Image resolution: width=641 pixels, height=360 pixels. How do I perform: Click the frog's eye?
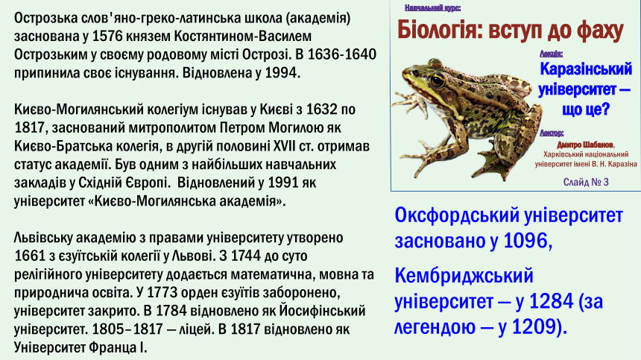click(x=437, y=80)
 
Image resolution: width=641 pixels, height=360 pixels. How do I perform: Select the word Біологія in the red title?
click(x=440, y=31)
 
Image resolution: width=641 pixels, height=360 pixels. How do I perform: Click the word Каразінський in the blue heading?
click(x=586, y=69)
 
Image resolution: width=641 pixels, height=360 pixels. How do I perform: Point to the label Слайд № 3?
click(x=586, y=182)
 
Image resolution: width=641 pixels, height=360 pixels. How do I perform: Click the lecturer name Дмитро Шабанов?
click(x=585, y=145)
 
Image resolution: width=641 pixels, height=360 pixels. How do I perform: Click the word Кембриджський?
click(x=464, y=277)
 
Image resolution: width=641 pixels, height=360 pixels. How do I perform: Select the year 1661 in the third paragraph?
click(x=29, y=256)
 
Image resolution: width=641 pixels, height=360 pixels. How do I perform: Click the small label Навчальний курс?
click(x=432, y=7)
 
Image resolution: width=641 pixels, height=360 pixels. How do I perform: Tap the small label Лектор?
click(x=552, y=133)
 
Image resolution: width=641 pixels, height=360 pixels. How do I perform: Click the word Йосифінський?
click(x=322, y=311)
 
